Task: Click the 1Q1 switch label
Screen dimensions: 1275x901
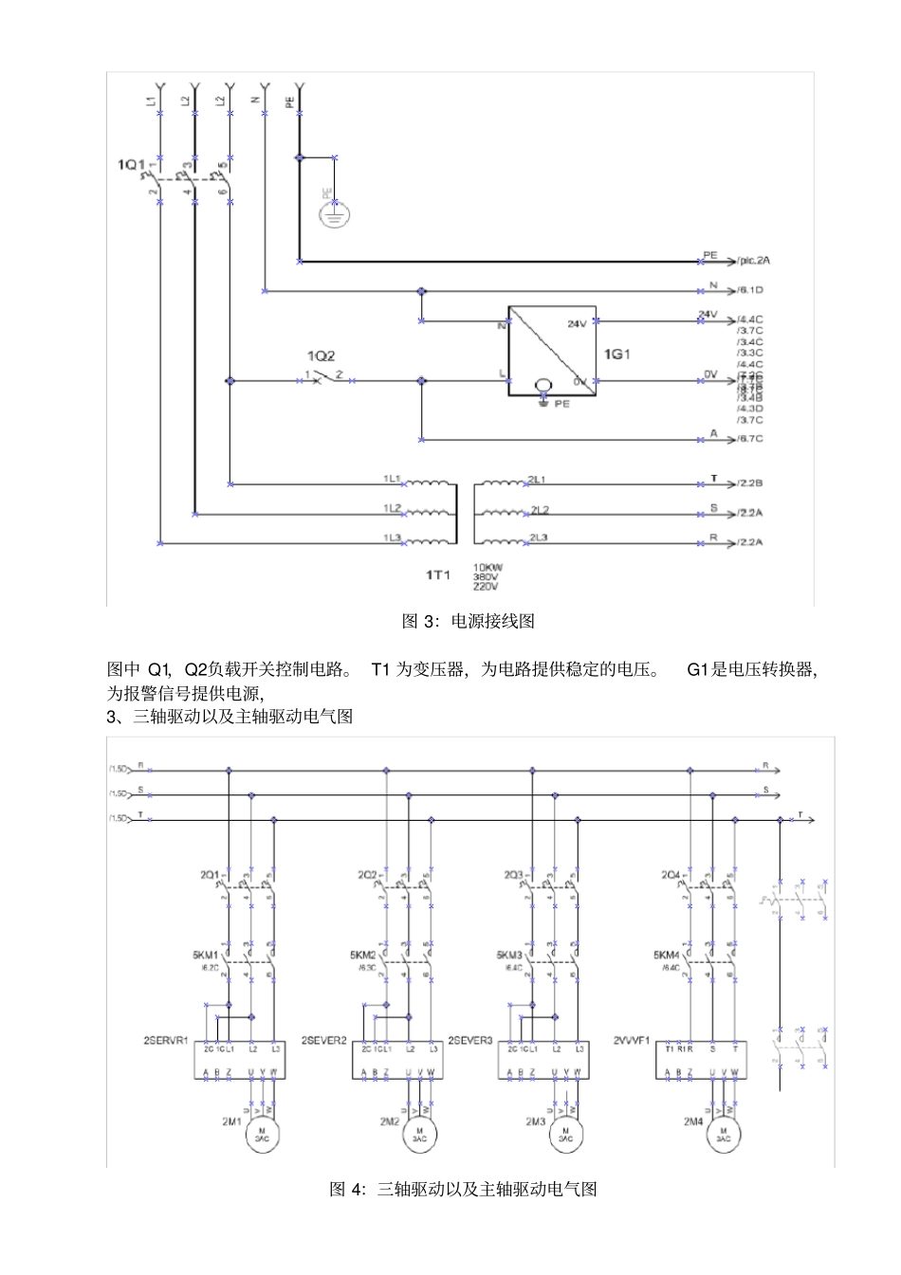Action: click(x=131, y=165)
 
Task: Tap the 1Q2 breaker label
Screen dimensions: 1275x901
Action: click(x=321, y=356)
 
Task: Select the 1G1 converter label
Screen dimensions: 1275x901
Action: click(x=616, y=355)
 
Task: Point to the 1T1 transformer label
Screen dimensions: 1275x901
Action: click(x=437, y=575)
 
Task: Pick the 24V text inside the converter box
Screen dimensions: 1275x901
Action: click(x=577, y=324)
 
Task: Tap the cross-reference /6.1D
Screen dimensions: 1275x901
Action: click(x=750, y=290)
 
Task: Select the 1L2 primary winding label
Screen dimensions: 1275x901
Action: click(x=392, y=508)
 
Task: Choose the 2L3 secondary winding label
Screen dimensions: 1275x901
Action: click(x=539, y=537)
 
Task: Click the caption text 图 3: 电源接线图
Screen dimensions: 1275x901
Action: click(x=469, y=622)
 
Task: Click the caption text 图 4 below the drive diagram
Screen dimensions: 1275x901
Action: click(x=463, y=1189)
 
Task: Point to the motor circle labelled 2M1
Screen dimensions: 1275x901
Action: click(x=263, y=1135)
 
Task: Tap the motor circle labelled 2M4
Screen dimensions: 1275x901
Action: click(x=724, y=1135)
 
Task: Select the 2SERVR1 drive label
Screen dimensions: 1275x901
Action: click(x=166, y=1040)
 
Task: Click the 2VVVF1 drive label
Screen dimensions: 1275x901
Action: click(x=631, y=1040)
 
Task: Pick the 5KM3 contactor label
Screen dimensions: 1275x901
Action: click(x=509, y=956)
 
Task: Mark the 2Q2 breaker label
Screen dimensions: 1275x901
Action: click(x=367, y=874)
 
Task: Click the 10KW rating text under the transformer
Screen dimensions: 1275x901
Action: click(x=487, y=568)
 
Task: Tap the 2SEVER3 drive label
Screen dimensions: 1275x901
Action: click(x=469, y=1040)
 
